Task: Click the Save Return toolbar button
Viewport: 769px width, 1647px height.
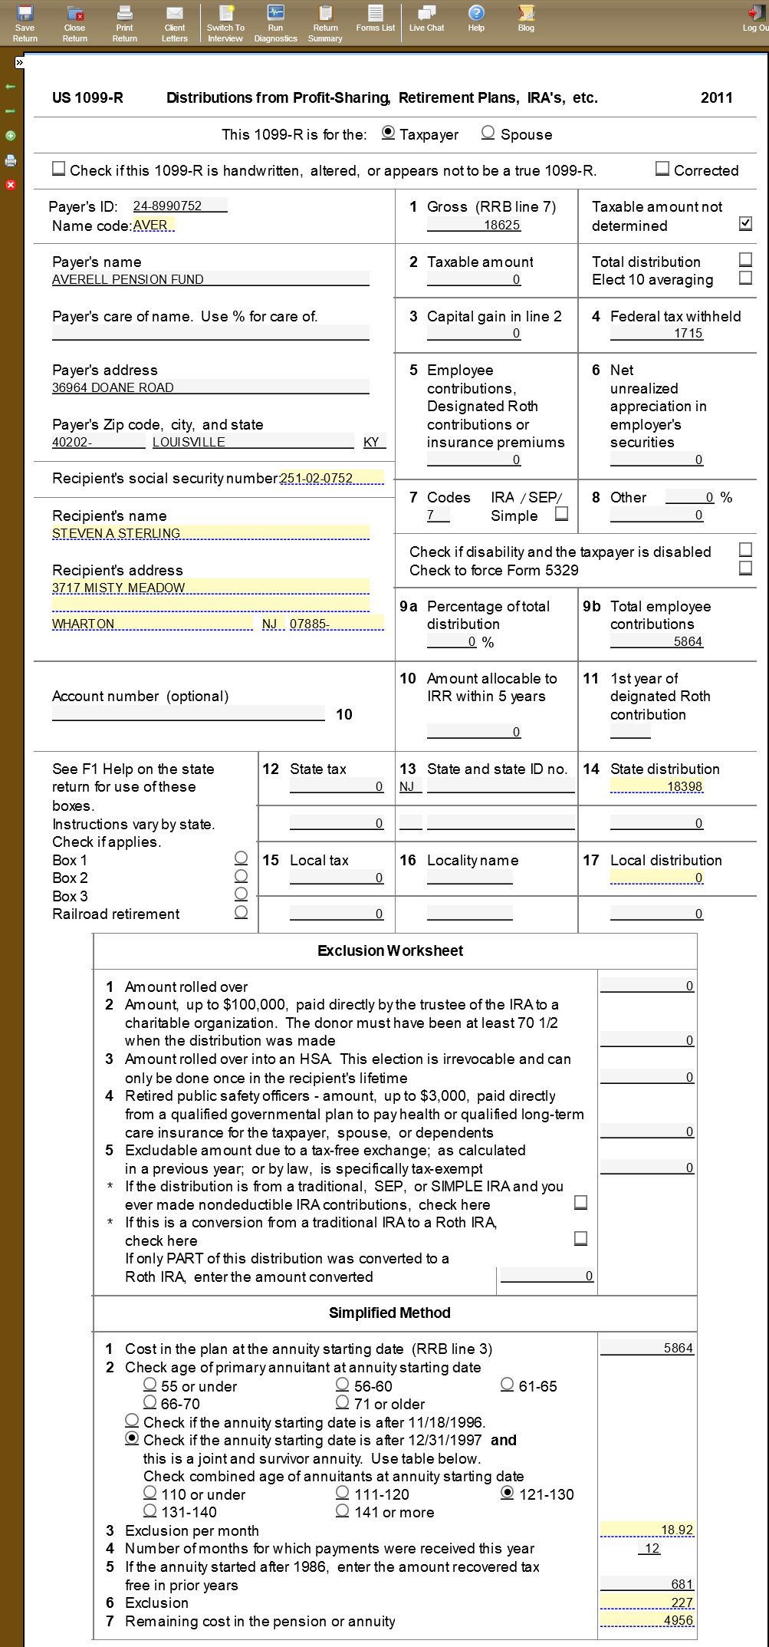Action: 25,23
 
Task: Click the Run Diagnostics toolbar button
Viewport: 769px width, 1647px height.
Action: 275,23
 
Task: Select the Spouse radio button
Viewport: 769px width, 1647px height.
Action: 488,133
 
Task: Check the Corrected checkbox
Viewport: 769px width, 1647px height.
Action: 662,169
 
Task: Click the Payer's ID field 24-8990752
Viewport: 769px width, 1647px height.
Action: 179,206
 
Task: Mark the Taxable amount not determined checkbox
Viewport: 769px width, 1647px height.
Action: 745,223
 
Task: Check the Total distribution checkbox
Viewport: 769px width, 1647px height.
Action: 745,259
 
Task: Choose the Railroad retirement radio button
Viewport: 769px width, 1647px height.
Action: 242,912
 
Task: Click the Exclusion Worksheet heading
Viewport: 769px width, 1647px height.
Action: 390,950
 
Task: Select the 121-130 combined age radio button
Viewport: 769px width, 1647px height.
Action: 507,1493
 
